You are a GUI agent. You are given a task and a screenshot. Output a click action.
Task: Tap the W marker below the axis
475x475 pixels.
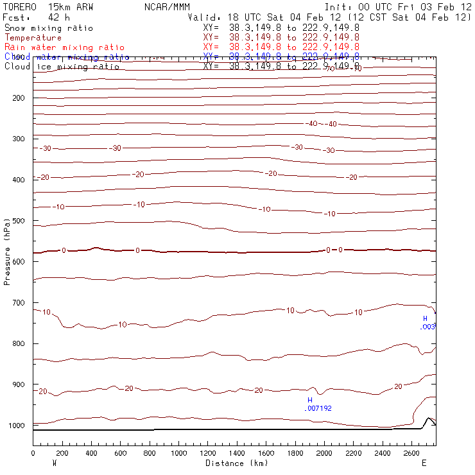(x=53, y=463)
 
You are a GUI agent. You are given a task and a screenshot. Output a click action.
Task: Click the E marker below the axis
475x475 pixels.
(x=424, y=463)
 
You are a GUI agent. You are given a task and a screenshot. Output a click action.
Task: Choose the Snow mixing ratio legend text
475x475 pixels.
(x=48, y=28)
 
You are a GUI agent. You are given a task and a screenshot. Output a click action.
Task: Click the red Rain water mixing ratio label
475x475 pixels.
(x=64, y=47)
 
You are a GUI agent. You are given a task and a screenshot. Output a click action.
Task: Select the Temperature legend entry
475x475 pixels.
(x=33, y=38)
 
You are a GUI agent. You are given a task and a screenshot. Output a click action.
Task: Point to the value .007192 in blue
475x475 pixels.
(x=319, y=408)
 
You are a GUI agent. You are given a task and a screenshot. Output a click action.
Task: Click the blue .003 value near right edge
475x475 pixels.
(x=428, y=327)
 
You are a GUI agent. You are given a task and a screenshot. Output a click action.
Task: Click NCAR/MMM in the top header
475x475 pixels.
(x=167, y=6)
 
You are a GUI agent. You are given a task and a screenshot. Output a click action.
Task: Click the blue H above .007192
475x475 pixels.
(x=309, y=399)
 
